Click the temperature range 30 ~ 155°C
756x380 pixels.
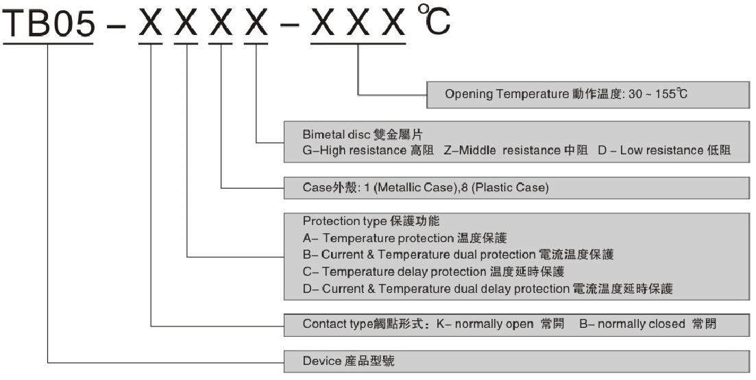coord(658,95)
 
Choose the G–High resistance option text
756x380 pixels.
coord(367,150)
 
